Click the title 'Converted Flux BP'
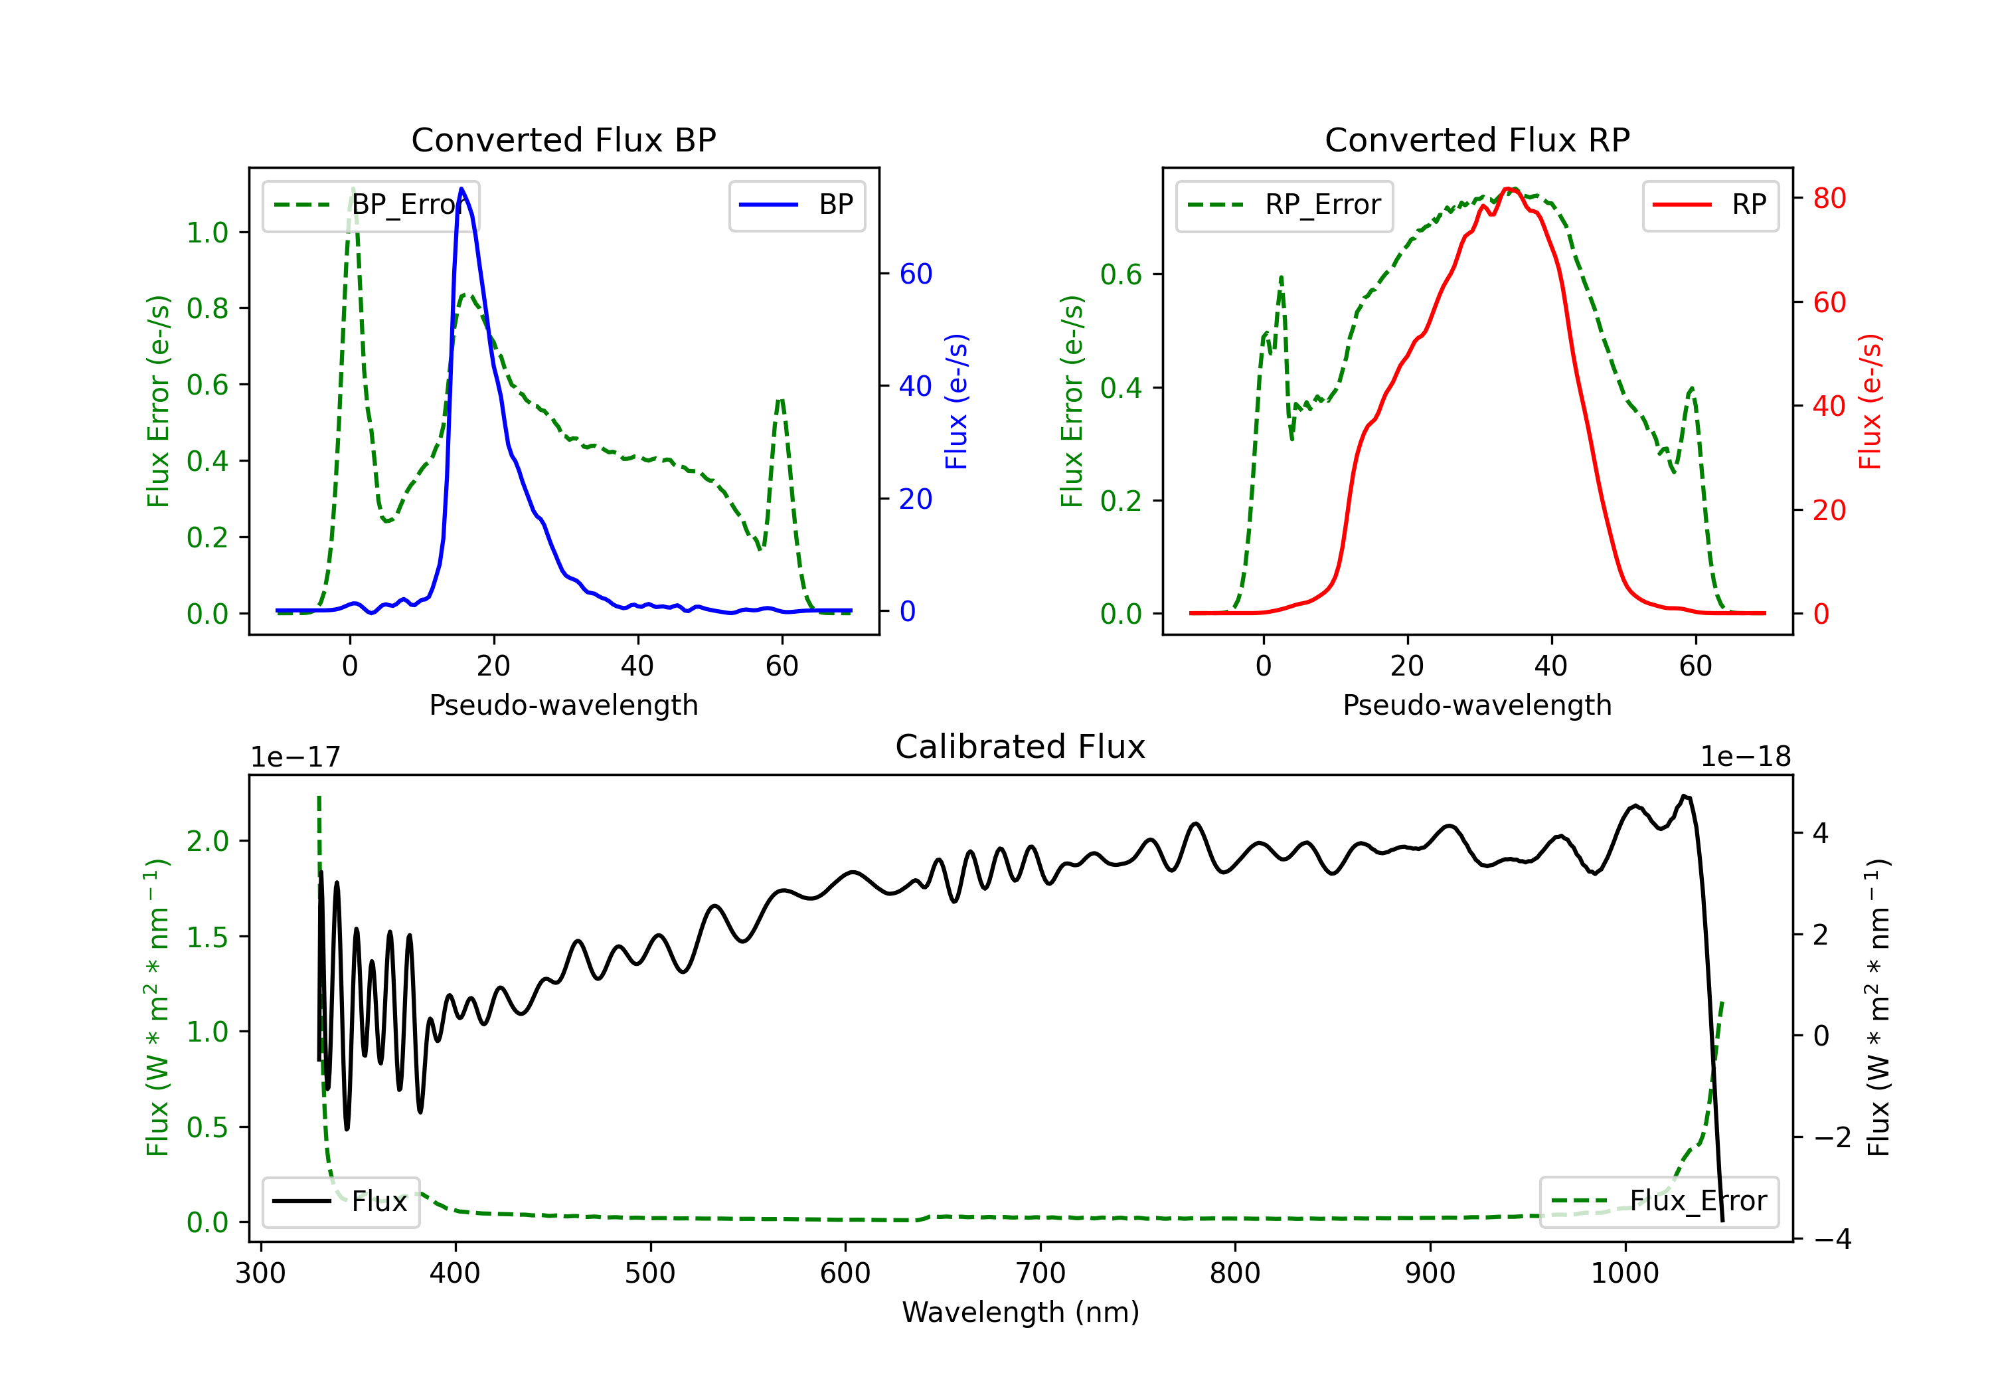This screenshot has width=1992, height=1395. pyautogui.click(x=563, y=139)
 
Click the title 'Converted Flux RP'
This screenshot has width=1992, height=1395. pyautogui.click(x=1477, y=139)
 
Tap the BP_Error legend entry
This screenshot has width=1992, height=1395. pyautogui.click(x=371, y=206)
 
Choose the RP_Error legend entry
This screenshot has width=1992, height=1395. pyautogui.click(x=1284, y=206)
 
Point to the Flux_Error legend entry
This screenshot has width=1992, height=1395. pyautogui.click(x=1659, y=1202)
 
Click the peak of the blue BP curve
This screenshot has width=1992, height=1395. pyautogui.click(x=461, y=189)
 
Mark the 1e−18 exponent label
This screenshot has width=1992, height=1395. pyautogui.click(x=1745, y=757)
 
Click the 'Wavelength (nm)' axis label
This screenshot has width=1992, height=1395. pyautogui.click(x=1021, y=1312)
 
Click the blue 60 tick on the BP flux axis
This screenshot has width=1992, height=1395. pyautogui.click(x=915, y=274)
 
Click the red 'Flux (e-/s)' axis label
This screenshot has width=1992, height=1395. pyautogui.click(x=1870, y=401)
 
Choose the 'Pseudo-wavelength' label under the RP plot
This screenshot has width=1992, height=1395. pyautogui.click(x=1477, y=705)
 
